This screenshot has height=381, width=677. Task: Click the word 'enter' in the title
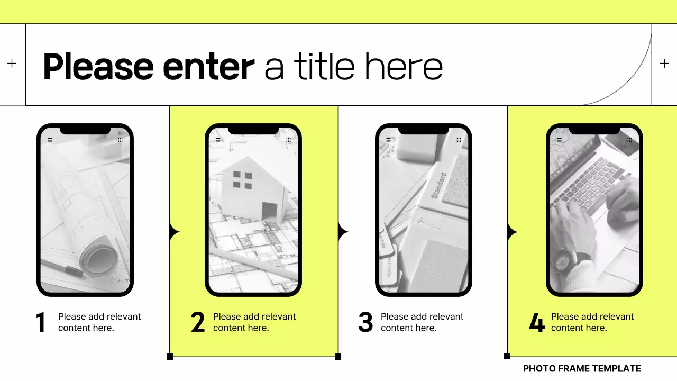[x=208, y=67]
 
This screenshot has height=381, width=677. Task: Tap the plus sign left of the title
[x=12, y=63]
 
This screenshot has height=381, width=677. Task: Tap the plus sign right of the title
[x=664, y=63]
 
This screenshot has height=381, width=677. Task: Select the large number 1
[x=41, y=322]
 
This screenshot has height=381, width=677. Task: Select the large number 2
[x=198, y=322]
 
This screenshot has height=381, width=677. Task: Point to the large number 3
[x=365, y=322]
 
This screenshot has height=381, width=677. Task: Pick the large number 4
[x=537, y=322]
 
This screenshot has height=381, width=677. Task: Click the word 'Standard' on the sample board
[x=438, y=185]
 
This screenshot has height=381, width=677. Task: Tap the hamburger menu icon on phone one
[x=50, y=140]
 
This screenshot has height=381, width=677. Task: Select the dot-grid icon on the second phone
[x=288, y=140]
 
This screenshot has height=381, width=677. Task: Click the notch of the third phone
[x=424, y=130]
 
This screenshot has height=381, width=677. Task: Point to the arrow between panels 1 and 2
[x=175, y=232]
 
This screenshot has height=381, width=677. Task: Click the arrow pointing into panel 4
[x=513, y=232]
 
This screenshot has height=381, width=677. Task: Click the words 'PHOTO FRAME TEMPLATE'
[x=582, y=369]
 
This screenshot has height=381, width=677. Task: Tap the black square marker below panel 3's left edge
[x=338, y=357]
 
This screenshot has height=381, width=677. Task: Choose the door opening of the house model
[x=270, y=211]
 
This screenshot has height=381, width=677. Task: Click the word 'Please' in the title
[x=98, y=67]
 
